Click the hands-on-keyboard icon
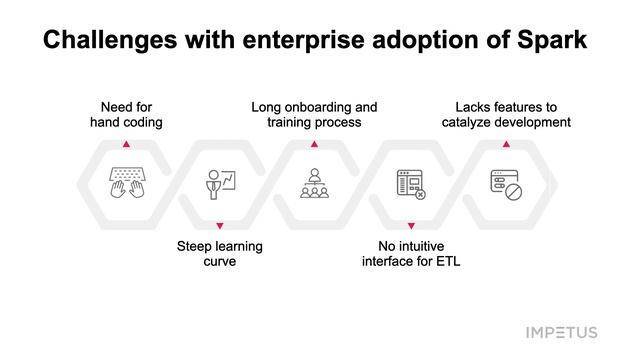click(125, 184)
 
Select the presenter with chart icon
click(220, 184)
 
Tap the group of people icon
click(314, 184)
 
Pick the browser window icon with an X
click(410, 184)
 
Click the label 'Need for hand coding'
click(125, 114)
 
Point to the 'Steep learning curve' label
click(220, 253)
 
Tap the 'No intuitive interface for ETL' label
click(410, 253)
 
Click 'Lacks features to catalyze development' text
click(506, 114)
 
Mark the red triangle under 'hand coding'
click(125, 144)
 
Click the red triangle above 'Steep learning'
click(220, 226)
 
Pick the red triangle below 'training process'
click(314, 144)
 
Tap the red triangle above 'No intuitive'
click(410, 226)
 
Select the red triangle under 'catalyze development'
click(505, 144)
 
